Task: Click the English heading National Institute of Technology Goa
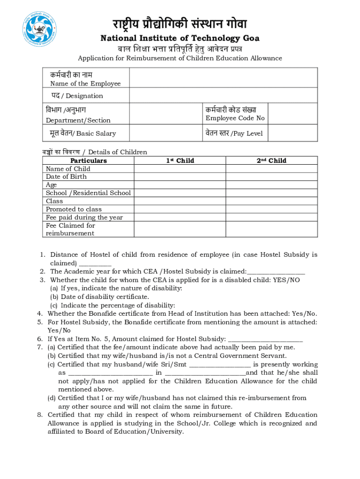pyautogui.click(x=180, y=38)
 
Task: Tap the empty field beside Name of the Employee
pyautogui.click(x=223, y=78)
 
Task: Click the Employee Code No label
pyautogui.click(x=235, y=118)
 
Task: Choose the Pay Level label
pyautogui.click(x=234, y=133)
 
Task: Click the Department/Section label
pyautogui.click(x=78, y=121)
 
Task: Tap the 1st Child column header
pyautogui.click(x=180, y=160)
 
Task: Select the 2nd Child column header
pyautogui.click(x=271, y=160)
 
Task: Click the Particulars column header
pyautogui.click(x=88, y=160)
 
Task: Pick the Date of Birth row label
pyautogui.click(x=66, y=177)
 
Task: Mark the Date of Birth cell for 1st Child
pyautogui.click(x=180, y=177)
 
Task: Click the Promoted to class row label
pyautogui.click(x=73, y=209)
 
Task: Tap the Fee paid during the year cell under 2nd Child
pyautogui.click(x=271, y=218)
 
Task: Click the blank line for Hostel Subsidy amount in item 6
pyautogui.click(x=265, y=339)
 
